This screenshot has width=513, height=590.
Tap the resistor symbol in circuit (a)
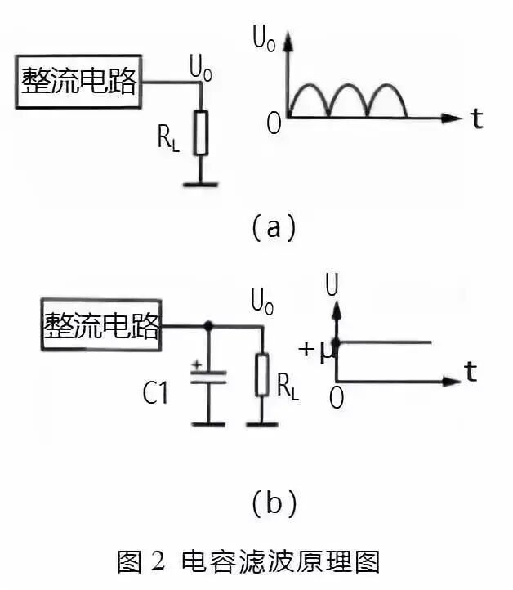[x=201, y=132]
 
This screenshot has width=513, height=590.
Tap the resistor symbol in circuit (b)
[x=262, y=374]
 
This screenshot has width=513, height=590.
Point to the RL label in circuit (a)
[x=168, y=138]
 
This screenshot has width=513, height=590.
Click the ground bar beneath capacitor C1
[x=208, y=423]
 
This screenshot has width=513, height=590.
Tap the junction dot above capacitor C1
[x=208, y=326]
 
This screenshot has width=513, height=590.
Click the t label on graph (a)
[x=476, y=119]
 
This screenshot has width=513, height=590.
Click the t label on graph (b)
[x=471, y=373]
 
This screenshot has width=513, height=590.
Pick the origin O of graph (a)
[x=274, y=123]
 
